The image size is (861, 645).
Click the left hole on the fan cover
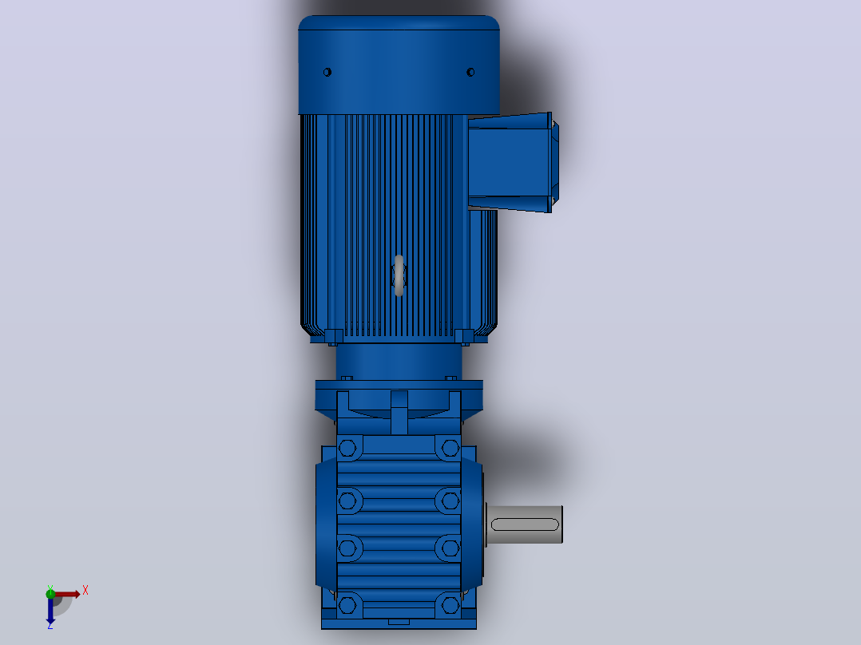(x=327, y=72)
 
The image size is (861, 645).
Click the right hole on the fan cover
(x=470, y=72)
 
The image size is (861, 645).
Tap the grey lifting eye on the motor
(x=399, y=275)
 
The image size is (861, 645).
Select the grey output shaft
(x=525, y=524)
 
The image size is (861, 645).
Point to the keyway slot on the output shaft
(x=525, y=524)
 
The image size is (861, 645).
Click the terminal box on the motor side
(x=512, y=162)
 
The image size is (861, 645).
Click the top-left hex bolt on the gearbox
(x=347, y=449)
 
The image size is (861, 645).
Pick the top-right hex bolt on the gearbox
(x=450, y=449)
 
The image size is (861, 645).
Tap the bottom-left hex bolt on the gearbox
(x=347, y=605)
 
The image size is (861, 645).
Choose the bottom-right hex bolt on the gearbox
(x=450, y=605)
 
